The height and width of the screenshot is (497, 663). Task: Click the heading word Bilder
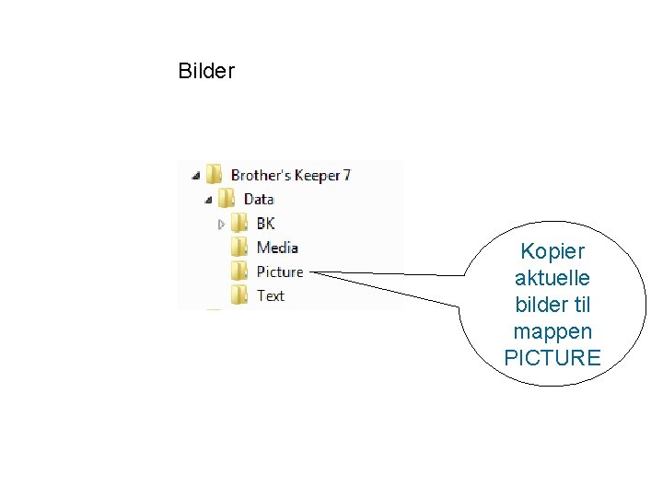pyautogui.click(x=206, y=71)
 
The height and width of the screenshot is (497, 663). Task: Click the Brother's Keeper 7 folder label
pyautogui.click(x=290, y=175)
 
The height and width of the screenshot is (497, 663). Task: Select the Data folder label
pyautogui.click(x=259, y=199)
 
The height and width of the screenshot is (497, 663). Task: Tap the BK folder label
pyautogui.click(x=265, y=223)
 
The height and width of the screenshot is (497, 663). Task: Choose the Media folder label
pyautogui.click(x=277, y=247)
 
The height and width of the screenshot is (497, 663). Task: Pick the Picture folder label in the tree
pyautogui.click(x=280, y=272)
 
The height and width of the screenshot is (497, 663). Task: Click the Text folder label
pyautogui.click(x=271, y=295)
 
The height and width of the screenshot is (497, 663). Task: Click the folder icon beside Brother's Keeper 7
pyautogui.click(x=215, y=174)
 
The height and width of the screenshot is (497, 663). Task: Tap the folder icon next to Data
pyautogui.click(x=227, y=198)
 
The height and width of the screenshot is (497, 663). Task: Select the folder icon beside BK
pyautogui.click(x=239, y=223)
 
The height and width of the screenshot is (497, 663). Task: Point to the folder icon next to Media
pyautogui.click(x=239, y=247)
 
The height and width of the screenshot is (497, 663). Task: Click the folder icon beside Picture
pyautogui.click(x=239, y=271)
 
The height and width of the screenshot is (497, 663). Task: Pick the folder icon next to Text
pyautogui.click(x=239, y=295)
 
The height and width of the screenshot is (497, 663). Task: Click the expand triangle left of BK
pyautogui.click(x=221, y=224)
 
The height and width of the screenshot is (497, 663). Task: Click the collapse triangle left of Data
pyautogui.click(x=209, y=200)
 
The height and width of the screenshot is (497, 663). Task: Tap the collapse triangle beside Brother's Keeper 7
pyautogui.click(x=196, y=175)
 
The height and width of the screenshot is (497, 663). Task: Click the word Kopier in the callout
pyautogui.click(x=552, y=251)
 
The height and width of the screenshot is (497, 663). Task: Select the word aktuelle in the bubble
pyautogui.click(x=552, y=277)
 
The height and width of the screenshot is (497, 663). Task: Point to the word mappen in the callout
pyautogui.click(x=552, y=330)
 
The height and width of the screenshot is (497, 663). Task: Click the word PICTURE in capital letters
pyautogui.click(x=552, y=357)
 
